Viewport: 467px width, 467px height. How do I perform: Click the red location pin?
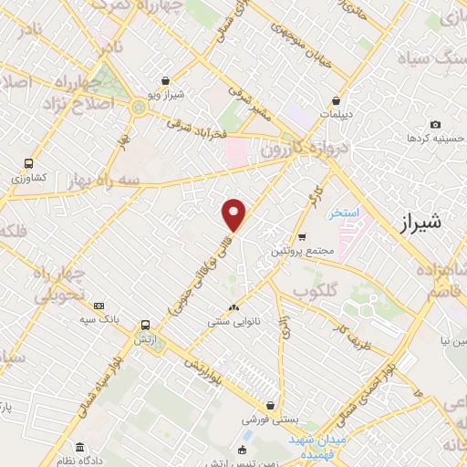234,214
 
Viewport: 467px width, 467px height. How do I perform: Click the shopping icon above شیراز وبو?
164,80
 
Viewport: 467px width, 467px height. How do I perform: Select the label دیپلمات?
338,115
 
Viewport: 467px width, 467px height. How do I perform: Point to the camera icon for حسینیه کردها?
435,125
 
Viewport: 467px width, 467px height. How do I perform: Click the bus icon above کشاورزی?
28,164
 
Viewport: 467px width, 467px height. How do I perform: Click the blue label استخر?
346,212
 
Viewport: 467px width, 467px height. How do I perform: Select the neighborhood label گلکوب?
317,291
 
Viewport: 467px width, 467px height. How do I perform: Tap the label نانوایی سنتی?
233,320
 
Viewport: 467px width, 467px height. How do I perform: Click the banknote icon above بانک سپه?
99,306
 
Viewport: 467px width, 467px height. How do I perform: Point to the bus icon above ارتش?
144,324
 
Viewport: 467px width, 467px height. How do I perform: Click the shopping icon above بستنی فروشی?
270,406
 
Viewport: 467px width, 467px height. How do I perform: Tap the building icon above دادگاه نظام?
80,448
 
